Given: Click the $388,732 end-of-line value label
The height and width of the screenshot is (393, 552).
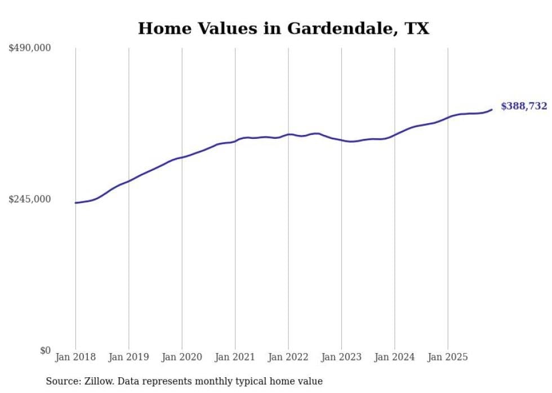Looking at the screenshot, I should point(523,106).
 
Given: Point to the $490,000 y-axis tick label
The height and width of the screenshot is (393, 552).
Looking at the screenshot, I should point(30,48).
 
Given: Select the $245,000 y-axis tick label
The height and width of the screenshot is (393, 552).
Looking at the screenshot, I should point(30,199).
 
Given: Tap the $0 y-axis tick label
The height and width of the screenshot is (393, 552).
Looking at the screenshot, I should point(45,350).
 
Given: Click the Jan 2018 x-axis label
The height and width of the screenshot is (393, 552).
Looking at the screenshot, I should point(75,357).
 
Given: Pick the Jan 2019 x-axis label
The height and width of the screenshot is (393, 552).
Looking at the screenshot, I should point(128,357).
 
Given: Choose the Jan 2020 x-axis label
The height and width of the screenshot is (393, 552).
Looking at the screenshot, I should point(182,357).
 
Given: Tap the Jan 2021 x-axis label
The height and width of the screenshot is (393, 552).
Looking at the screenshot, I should point(235,357).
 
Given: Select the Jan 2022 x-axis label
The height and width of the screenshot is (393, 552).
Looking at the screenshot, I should point(288,357).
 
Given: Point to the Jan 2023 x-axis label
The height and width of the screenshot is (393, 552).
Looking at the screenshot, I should point(341,357).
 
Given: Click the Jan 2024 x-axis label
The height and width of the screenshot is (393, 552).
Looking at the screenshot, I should point(395,357).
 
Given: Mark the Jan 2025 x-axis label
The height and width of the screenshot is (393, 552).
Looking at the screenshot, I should point(448,357).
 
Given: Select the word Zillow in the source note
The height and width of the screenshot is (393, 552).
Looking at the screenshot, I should point(98,381).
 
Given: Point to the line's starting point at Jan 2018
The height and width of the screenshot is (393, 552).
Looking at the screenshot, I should point(75,203).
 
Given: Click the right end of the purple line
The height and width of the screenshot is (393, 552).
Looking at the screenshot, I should point(492,110).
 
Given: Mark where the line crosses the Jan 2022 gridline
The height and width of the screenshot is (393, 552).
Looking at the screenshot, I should point(288,134).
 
